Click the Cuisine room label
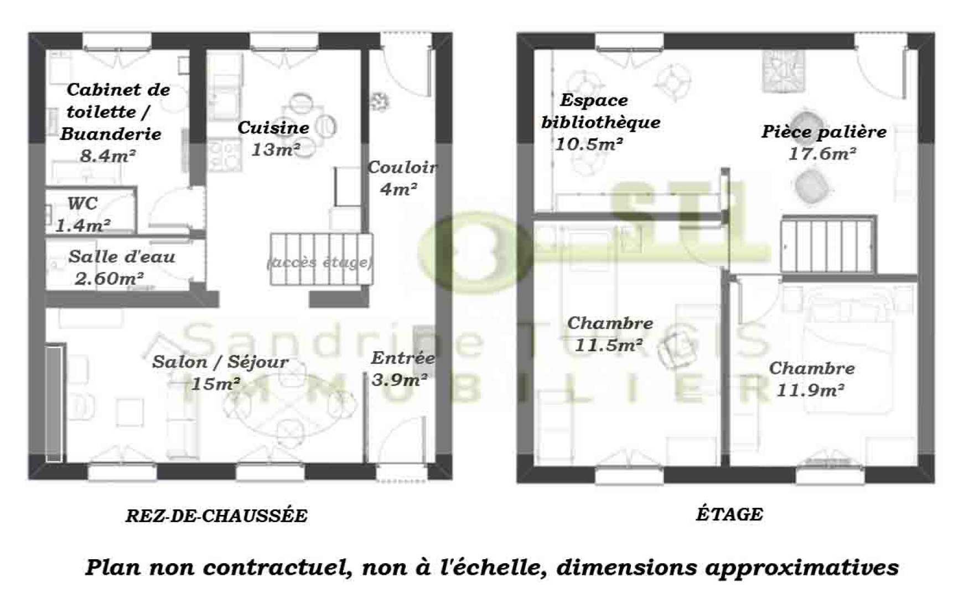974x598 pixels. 273,128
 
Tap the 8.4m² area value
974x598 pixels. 108,156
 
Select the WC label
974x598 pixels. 82,203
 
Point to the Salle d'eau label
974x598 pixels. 122,257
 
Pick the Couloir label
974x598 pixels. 402,167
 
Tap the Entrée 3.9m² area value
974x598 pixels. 400,380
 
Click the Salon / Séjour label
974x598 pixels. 220,362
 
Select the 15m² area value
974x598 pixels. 215,383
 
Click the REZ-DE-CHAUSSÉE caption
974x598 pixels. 216,516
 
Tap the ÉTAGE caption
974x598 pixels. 729,514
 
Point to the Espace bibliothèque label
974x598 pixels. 600,111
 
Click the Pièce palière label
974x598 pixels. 823,132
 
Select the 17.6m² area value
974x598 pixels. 822,154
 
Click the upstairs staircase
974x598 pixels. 828,245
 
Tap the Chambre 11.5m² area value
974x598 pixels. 609,346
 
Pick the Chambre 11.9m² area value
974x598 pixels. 810,391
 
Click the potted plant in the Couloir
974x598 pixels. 380,101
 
